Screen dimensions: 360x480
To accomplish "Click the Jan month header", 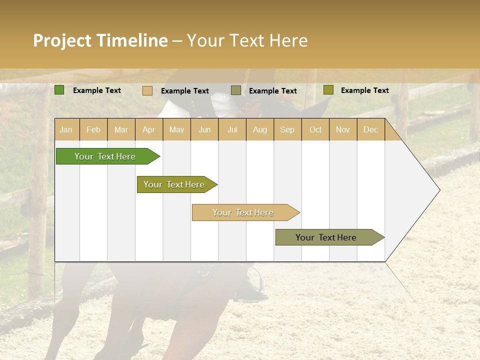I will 66,129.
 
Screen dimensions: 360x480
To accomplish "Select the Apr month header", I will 148,129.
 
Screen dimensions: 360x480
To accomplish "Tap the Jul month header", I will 232,129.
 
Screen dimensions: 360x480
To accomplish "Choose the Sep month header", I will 287,129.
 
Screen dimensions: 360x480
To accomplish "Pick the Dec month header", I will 370,129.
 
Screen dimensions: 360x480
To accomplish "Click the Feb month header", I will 93,129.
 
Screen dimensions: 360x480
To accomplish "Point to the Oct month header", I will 315,129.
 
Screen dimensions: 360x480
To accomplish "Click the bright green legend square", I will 59,90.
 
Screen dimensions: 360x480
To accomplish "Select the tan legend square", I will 147,90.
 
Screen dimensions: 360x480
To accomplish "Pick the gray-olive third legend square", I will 235,90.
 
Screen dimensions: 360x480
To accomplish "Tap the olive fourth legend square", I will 328,90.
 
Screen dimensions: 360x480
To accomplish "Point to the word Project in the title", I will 62,40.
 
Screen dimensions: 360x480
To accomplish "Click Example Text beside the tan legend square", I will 184,91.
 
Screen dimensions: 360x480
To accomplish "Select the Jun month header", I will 204,129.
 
